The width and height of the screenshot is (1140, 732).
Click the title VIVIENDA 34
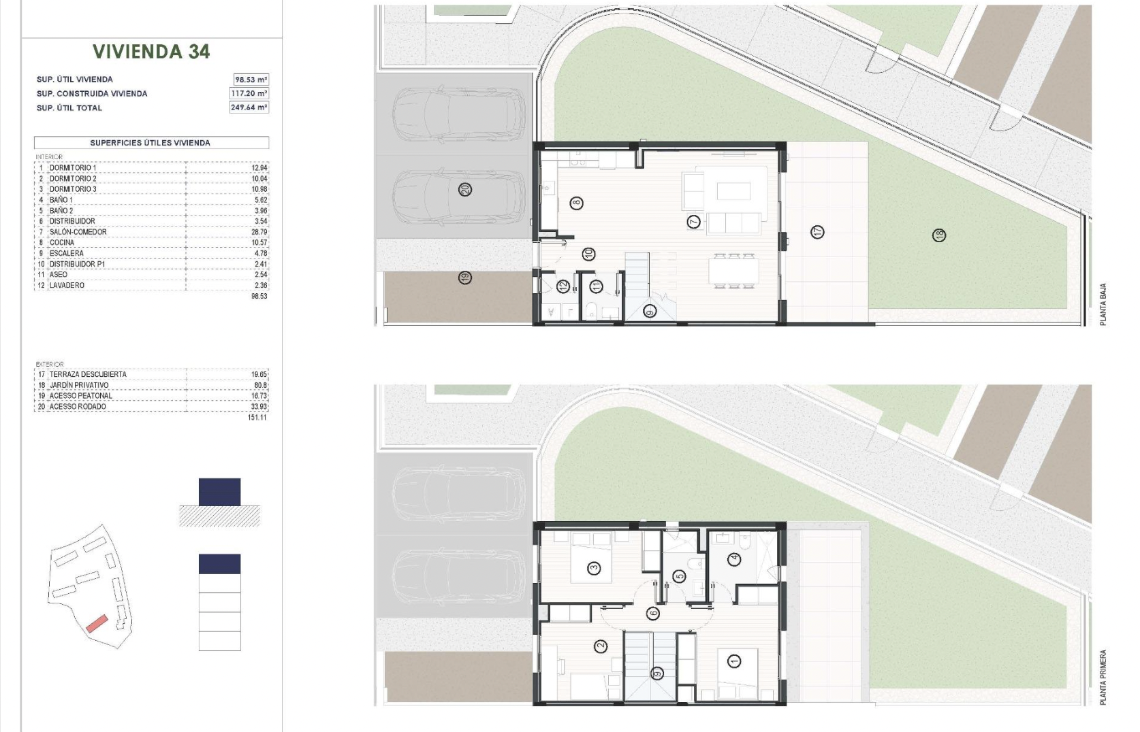[151, 51]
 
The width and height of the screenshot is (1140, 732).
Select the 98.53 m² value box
[251, 80]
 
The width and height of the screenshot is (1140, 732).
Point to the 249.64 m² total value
[249, 107]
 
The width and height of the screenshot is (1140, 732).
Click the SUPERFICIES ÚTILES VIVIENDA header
[150, 143]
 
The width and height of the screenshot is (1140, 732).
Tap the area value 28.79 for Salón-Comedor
[259, 232]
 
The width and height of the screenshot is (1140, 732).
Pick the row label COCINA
[61, 242]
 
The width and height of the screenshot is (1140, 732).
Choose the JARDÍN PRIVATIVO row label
[79, 385]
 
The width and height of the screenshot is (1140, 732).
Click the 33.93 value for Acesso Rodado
[259, 406]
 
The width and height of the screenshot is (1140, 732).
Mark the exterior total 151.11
[257, 417]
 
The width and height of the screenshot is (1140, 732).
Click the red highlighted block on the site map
[97, 624]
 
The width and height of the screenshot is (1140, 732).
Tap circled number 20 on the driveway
[464, 190]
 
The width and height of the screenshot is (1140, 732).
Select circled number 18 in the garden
[939, 235]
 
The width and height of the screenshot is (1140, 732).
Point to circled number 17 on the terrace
[817, 232]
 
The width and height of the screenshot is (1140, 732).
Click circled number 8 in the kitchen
[576, 203]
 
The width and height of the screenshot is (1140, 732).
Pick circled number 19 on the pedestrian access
[464, 278]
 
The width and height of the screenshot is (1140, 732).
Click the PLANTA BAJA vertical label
[1103, 305]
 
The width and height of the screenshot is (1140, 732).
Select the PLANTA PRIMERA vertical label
[1103, 677]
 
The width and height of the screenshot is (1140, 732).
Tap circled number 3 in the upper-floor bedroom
[594, 568]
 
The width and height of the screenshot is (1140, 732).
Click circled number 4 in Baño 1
[734, 560]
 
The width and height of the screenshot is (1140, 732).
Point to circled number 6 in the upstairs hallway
[653, 614]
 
